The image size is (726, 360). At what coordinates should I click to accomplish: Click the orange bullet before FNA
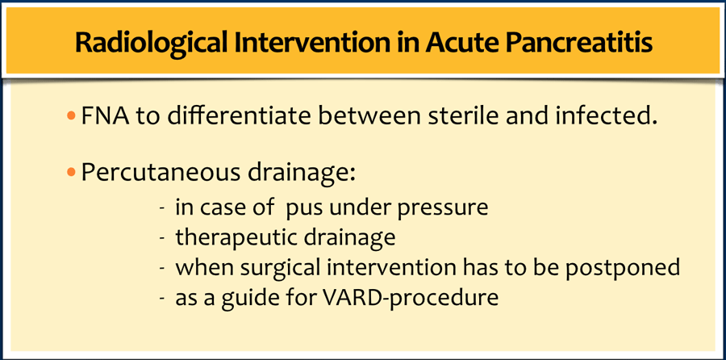tap(71, 117)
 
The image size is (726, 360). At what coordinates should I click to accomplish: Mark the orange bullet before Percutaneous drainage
tap(71, 173)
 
